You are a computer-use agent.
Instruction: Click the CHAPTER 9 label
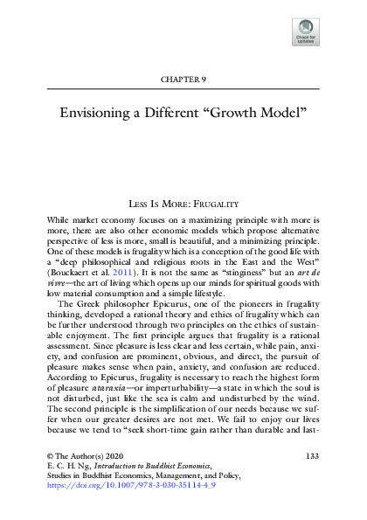tap(183, 79)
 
